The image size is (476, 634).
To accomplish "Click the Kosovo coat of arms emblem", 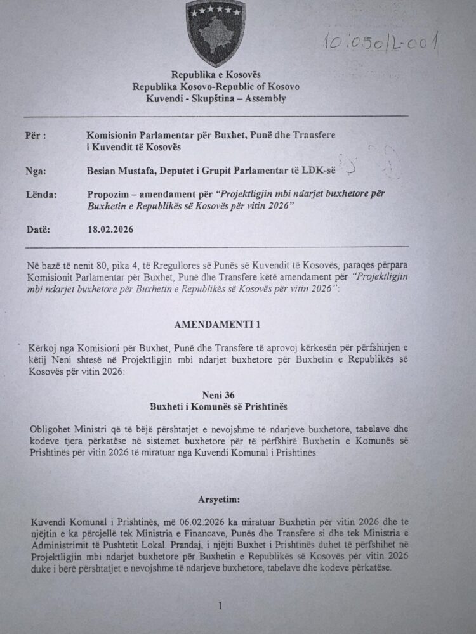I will point(216,32).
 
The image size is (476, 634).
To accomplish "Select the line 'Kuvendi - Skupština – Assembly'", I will point(216,98).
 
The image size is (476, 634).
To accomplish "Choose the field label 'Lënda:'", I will point(39,193).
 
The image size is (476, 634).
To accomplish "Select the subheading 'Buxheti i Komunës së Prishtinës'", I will point(216,405).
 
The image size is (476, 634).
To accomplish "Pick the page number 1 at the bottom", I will point(220,606).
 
